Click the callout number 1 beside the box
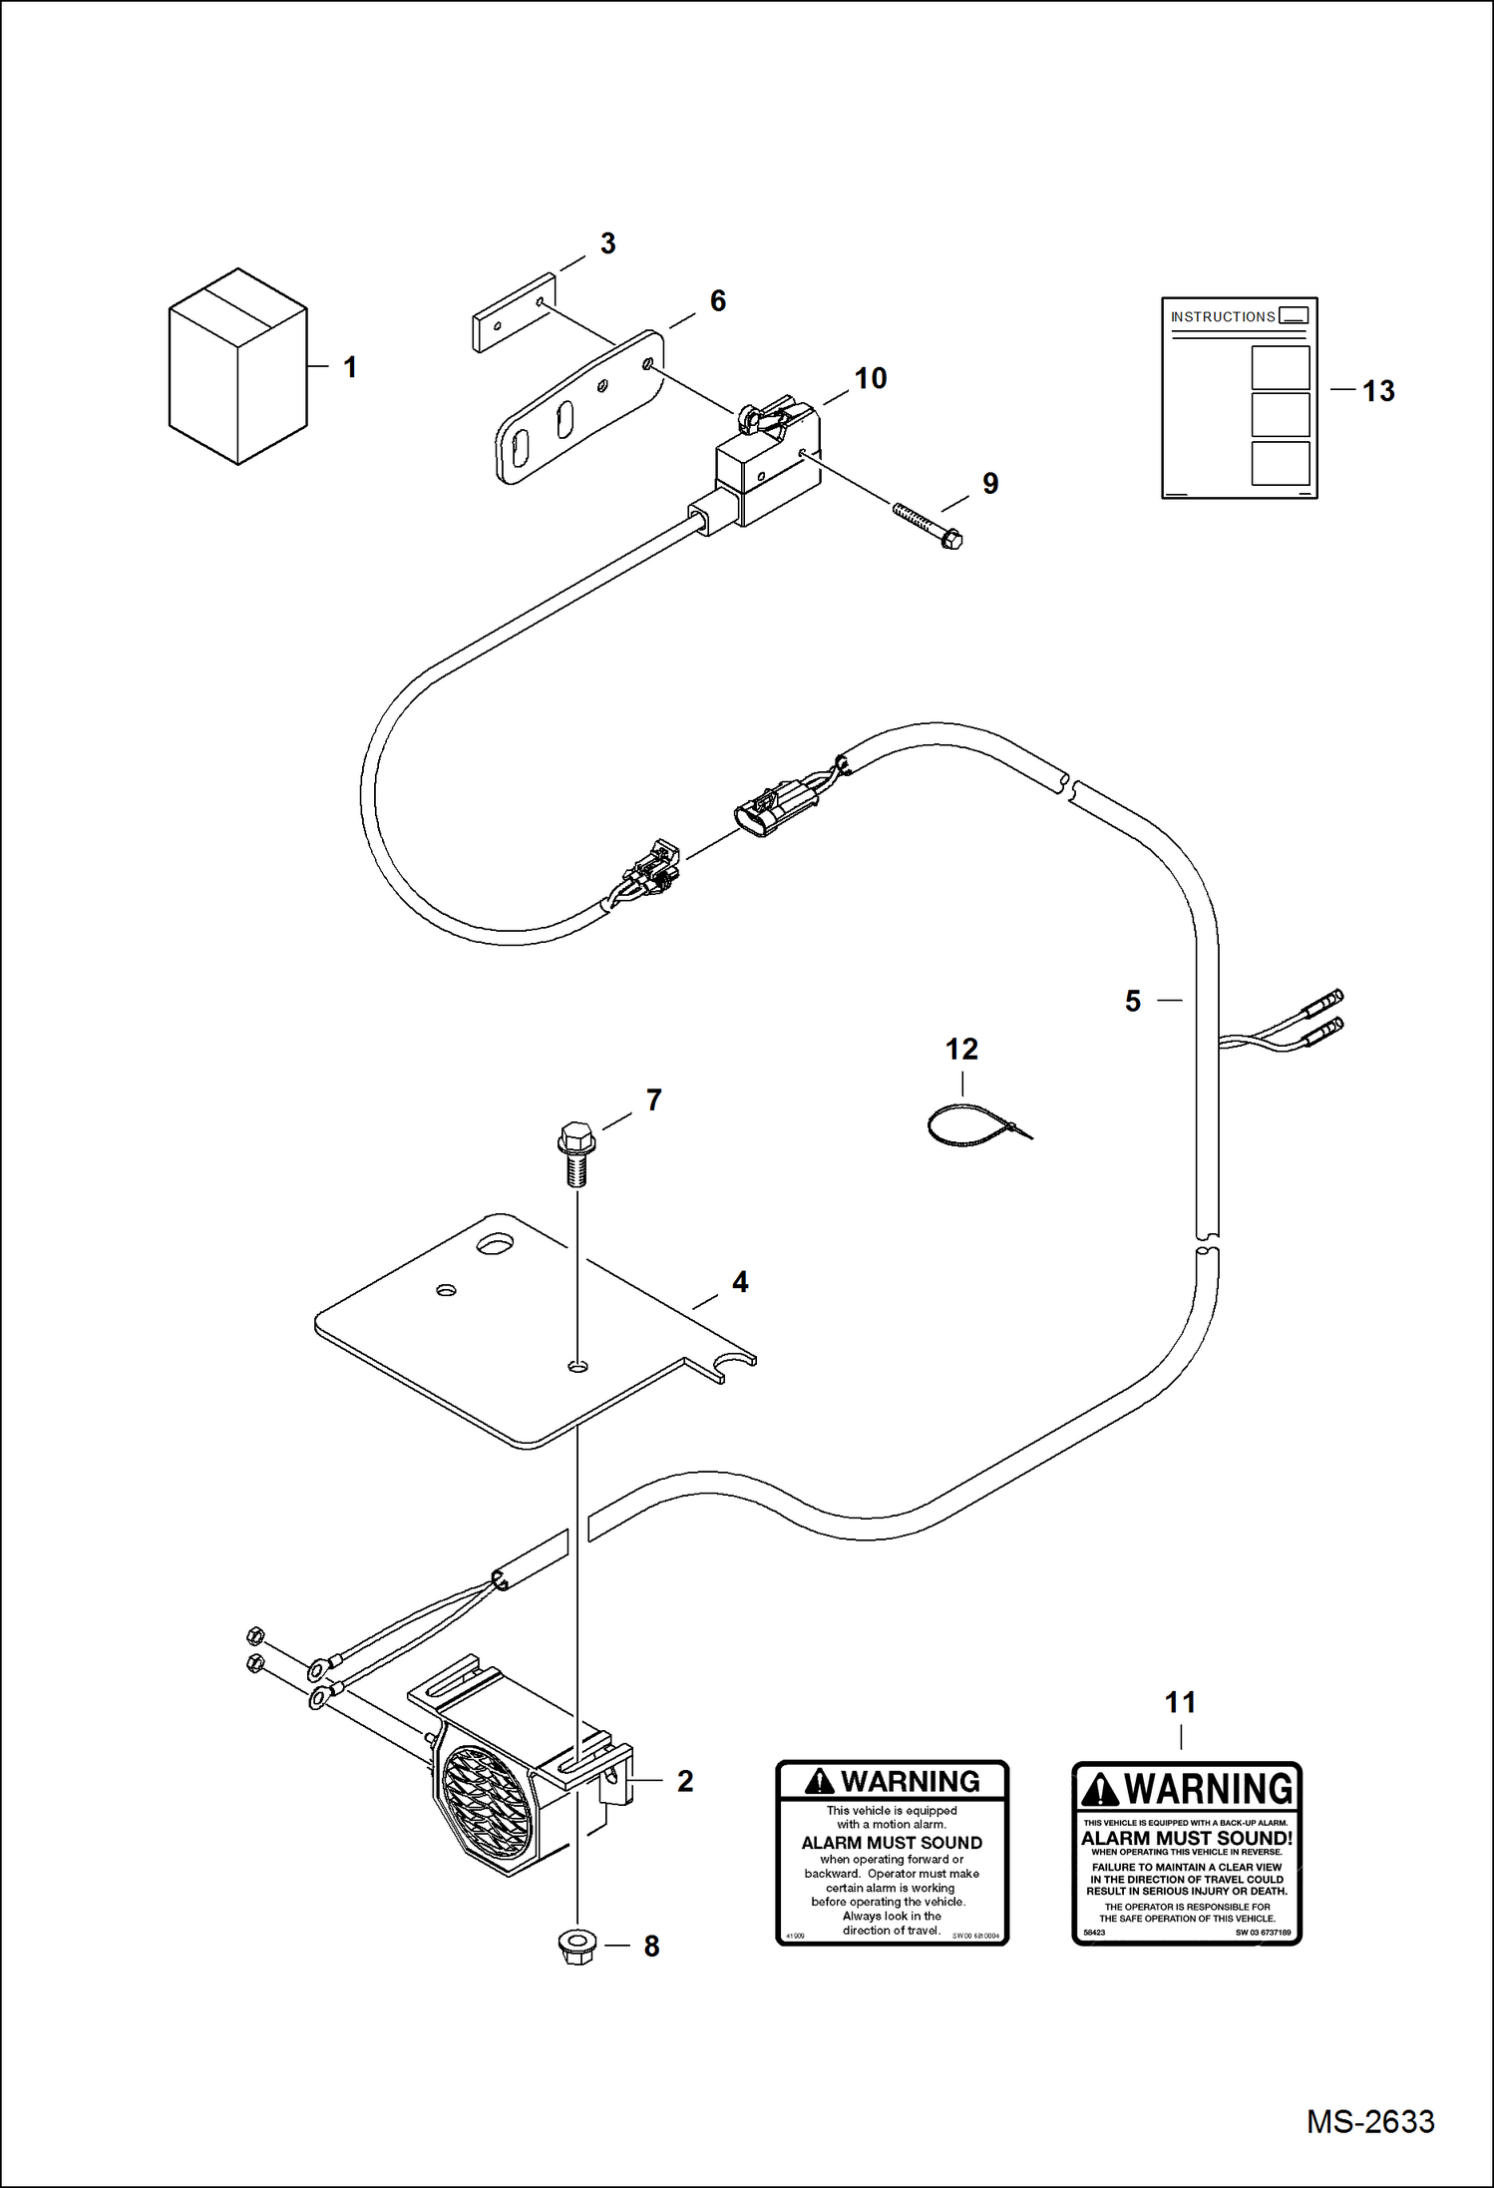point(350,367)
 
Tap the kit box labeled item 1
point(237,366)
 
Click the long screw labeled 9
point(926,524)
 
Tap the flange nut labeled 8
point(577,1946)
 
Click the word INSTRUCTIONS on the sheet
point(1223,316)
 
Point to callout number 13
point(1378,391)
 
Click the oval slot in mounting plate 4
point(495,1244)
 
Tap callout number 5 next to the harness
point(1133,1001)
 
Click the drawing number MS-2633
point(1369,2121)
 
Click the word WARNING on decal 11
point(1208,1789)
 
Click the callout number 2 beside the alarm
point(684,1781)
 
